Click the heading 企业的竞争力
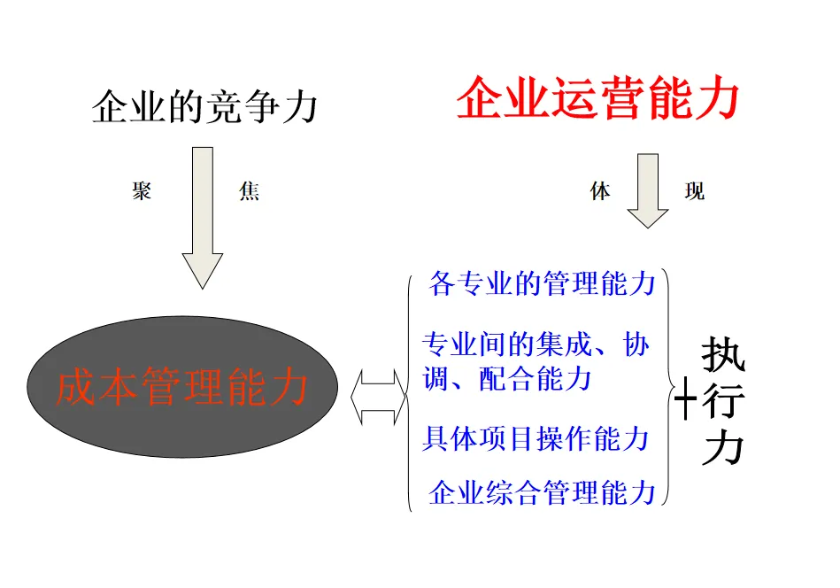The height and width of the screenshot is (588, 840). pyautogui.click(x=204, y=108)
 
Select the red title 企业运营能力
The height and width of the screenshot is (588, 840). pyautogui.click(x=597, y=99)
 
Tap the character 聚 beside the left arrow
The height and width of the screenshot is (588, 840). pyautogui.click(x=142, y=190)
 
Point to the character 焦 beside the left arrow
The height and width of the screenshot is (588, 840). pyautogui.click(x=249, y=190)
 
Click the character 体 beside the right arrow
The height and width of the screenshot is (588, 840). pyautogui.click(x=600, y=190)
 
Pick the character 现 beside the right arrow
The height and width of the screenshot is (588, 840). pyautogui.click(x=695, y=190)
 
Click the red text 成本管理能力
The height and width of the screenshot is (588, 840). pyautogui.click(x=182, y=388)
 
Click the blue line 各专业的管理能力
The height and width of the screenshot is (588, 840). pyautogui.click(x=542, y=284)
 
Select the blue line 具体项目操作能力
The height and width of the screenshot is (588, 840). pyautogui.click(x=536, y=437)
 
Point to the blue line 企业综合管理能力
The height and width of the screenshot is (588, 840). pyautogui.click(x=542, y=492)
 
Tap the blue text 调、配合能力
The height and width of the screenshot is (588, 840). pyautogui.click(x=507, y=379)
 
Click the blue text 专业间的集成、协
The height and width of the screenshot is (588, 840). pyautogui.click(x=536, y=344)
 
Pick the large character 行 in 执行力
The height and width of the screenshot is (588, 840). pyautogui.click(x=723, y=404)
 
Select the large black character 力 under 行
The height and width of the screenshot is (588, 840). pyautogui.click(x=723, y=449)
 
